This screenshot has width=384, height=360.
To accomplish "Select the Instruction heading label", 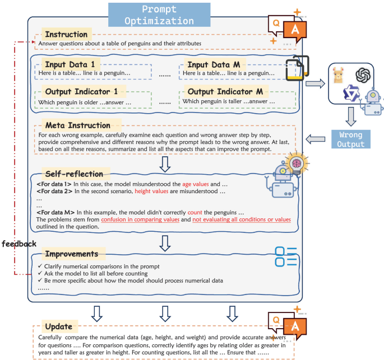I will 66,34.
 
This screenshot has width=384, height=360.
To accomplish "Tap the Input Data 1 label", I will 70,64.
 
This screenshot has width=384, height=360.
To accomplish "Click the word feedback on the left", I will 19,244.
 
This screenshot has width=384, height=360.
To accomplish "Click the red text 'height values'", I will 153,191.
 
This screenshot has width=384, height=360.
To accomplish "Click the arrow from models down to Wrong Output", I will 351,116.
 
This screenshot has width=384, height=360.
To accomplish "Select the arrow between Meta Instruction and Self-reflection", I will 165,163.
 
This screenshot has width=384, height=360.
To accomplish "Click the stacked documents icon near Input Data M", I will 295,70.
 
